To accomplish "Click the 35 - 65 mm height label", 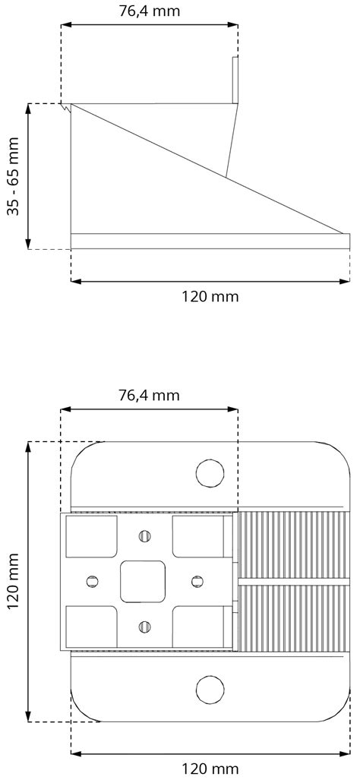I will [x=14, y=176].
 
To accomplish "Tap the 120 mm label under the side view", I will [x=210, y=296].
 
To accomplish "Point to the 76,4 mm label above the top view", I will [x=149, y=395].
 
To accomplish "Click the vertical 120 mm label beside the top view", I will [x=14, y=582].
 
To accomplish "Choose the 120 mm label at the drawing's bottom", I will [x=210, y=769].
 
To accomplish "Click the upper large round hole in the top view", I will [x=210, y=473].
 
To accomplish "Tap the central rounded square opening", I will [x=143, y=582].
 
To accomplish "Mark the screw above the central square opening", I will [x=143, y=536].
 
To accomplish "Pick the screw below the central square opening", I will [x=143, y=627].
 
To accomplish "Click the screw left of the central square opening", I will [x=93, y=582].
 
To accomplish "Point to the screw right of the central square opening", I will [x=196, y=582].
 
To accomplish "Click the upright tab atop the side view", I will [x=235, y=80].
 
